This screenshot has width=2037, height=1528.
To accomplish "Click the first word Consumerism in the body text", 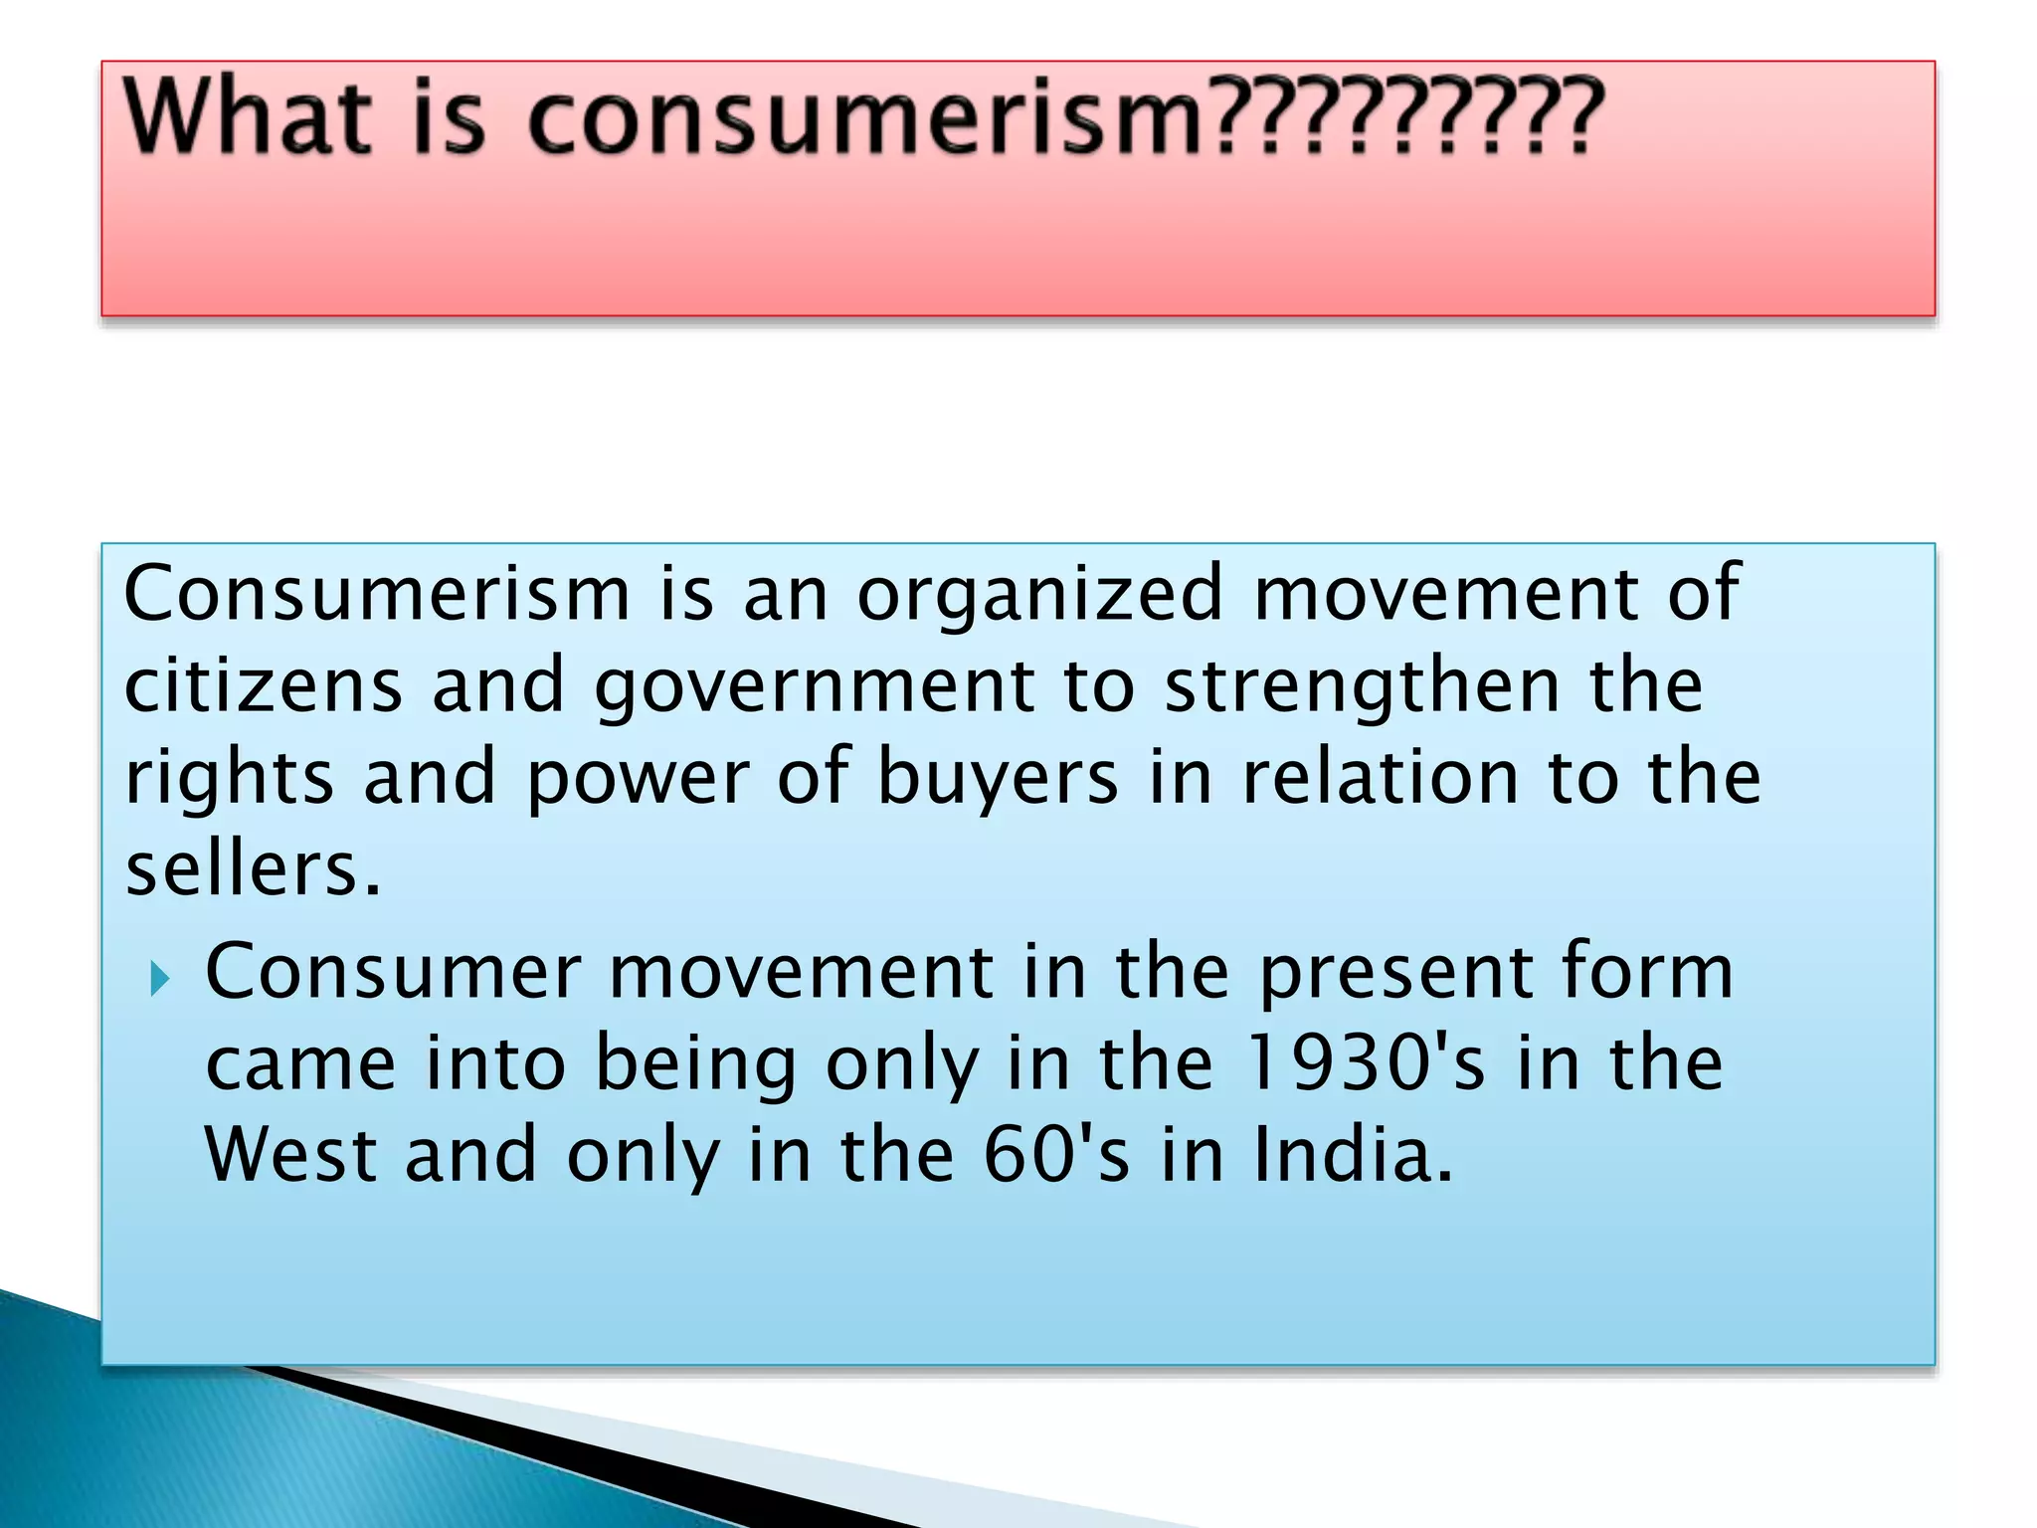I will click(x=377, y=594).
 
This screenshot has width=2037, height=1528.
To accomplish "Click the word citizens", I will click(x=264, y=686).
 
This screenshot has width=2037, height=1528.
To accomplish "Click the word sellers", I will click(x=253, y=869).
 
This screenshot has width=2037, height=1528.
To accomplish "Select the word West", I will click(x=290, y=1154).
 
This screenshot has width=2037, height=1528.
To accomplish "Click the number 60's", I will click(x=1056, y=1154).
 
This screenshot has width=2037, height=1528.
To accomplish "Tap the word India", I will click(x=1353, y=1154).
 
